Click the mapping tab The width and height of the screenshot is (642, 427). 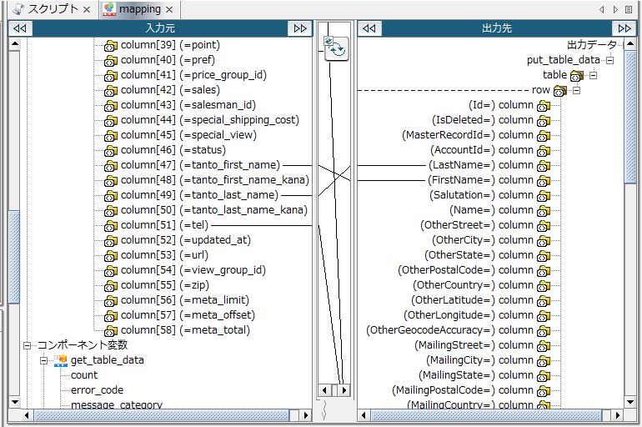pos(139,9)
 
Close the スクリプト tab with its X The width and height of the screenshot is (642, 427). pos(87,9)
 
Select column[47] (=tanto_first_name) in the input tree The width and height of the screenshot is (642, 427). pos(200,165)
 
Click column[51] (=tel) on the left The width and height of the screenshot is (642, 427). pos(164,225)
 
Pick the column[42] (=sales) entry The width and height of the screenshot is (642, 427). pos(170,90)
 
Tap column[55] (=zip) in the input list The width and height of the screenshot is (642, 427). pos(164,285)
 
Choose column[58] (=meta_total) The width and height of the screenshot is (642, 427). pos(184,330)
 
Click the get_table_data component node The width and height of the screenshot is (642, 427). pos(107,360)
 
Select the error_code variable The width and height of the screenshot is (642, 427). pos(97,390)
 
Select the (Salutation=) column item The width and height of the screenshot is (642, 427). pos(479,195)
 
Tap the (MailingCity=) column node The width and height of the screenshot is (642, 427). pos(479,360)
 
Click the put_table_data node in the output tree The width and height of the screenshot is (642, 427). pos(563,60)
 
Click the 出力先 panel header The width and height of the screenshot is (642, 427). pos(497,28)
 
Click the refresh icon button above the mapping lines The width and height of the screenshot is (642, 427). pos(335,49)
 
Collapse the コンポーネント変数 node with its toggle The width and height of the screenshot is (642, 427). pos(28,345)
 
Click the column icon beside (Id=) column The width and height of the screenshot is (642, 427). pos(544,106)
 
